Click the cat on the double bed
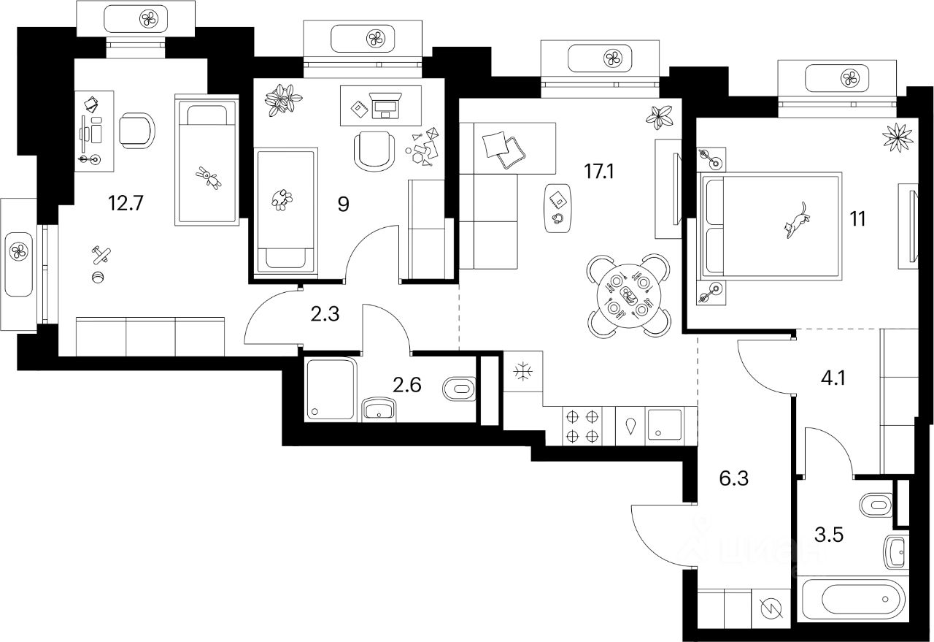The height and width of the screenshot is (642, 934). [x=797, y=219]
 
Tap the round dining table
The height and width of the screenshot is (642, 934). [x=628, y=295]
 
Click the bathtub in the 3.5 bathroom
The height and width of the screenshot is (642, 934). [x=847, y=600]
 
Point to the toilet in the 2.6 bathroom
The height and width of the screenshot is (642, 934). [x=459, y=389]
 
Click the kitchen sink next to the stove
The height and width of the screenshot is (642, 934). [x=664, y=426]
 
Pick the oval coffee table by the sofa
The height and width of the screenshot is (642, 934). [x=557, y=207]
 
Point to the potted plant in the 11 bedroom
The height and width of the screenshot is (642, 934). [x=897, y=137]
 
